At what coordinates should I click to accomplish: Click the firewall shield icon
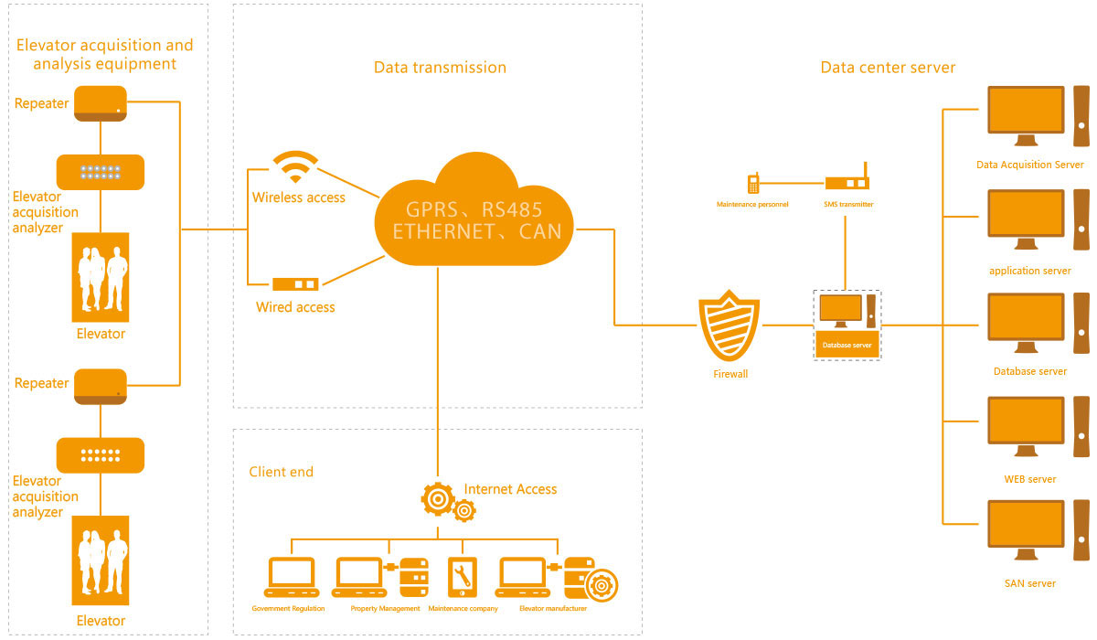pos(730,325)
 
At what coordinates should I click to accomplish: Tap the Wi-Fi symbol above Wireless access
pos(295,167)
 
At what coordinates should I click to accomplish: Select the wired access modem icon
pos(295,284)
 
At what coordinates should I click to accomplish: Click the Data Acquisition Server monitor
pos(1027,116)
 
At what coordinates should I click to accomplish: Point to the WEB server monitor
pos(1027,427)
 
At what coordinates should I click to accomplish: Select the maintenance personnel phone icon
pos(753,183)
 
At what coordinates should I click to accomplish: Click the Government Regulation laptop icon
pos(291,576)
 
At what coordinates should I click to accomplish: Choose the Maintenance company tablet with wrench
pos(462,576)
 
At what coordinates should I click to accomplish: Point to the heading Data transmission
pos(440,68)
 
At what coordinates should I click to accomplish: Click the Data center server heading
pos(888,68)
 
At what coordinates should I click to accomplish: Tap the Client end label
pos(281,472)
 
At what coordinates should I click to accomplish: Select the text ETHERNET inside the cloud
pos(443,232)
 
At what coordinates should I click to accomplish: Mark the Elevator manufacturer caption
pos(552,608)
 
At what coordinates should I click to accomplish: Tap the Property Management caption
pos(385,608)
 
